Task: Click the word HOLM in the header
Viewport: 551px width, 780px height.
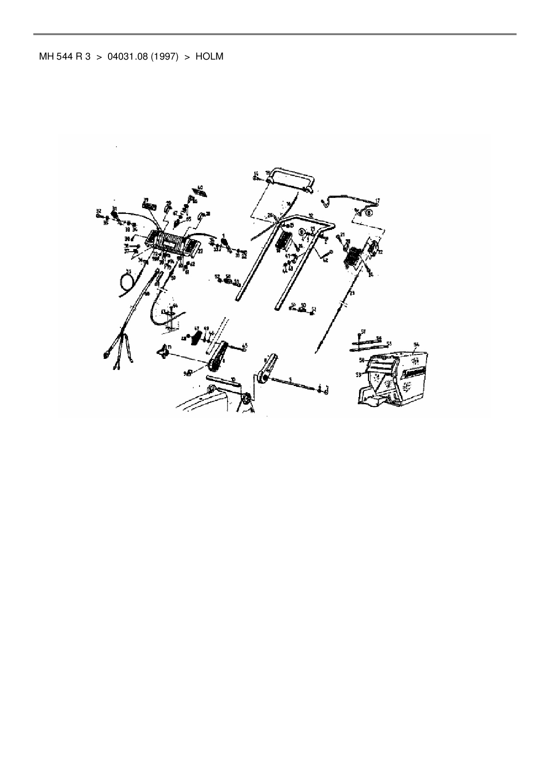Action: (209, 56)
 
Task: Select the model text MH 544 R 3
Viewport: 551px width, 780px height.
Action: (65, 56)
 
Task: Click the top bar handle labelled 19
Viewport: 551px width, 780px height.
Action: (291, 179)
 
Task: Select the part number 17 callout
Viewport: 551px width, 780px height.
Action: (378, 201)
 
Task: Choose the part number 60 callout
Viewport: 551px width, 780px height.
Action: (200, 188)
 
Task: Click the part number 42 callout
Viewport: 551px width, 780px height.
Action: (325, 260)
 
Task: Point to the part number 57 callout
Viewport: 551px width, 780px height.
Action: (363, 331)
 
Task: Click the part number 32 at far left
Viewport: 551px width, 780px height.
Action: (99, 210)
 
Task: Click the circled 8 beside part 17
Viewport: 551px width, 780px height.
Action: (369, 213)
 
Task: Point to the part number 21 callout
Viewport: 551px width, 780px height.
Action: (342, 234)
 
